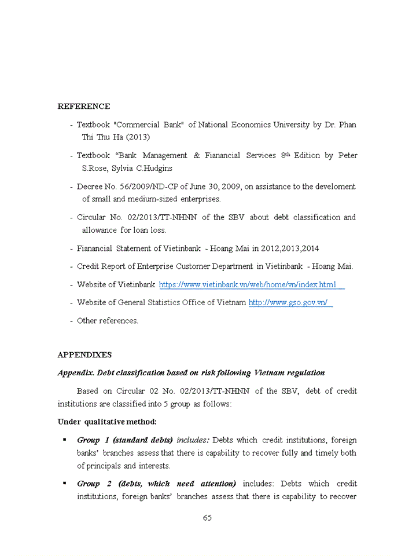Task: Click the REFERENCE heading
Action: pos(84,107)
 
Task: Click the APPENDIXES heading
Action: pos(84,355)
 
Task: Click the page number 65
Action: pos(207,518)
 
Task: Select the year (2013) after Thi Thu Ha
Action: pos(138,137)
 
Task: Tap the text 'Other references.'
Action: pos(108,321)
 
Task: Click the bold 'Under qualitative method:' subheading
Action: pos(107,421)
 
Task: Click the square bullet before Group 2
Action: pos(65,483)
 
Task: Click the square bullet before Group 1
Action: pos(65,440)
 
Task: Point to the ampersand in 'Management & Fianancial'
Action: pos(197,156)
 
